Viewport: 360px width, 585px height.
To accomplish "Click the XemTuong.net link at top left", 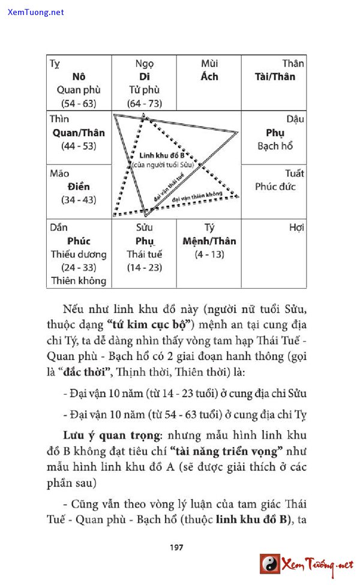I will tap(36, 12).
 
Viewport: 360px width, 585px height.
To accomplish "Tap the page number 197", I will tap(176, 547).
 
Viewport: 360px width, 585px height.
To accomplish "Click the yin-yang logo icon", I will tap(270, 564).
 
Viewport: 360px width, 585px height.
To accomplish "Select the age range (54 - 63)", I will tap(79, 103).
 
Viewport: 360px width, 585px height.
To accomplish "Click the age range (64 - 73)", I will tap(145, 103).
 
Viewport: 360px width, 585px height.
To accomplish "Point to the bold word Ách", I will tap(209, 77).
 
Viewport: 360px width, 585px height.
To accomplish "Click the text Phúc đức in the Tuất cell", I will tap(275, 187).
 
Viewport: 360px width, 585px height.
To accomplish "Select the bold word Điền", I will tap(79, 187).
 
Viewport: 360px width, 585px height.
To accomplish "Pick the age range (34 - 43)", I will tap(79, 200).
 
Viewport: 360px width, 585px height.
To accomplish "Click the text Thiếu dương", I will tap(79, 254).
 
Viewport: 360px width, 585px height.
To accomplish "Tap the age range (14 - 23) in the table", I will tap(144, 267).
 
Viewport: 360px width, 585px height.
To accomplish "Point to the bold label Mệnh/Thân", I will tap(209, 241).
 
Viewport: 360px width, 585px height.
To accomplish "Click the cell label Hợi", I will tap(296, 227).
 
